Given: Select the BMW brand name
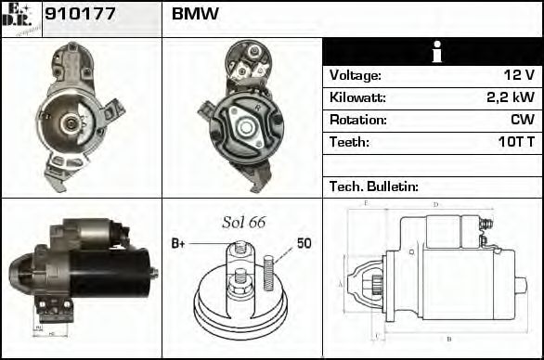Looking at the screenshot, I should pyautogui.click(x=196, y=15).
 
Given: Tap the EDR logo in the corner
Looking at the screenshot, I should pyautogui.click(x=20, y=18).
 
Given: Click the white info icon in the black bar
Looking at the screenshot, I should pyautogui.click(x=432, y=52).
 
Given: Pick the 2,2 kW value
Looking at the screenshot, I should pyautogui.click(x=511, y=98).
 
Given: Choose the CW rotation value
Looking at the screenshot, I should pyautogui.click(x=522, y=121).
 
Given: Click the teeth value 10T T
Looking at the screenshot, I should pyautogui.click(x=512, y=143).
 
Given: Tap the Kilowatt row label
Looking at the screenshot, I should pyautogui.click(x=357, y=98).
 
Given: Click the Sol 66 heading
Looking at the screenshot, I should pyautogui.click(x=243, y=223).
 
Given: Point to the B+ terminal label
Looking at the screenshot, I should pyautogui.click(x=178, y=244).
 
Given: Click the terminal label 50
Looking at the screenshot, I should pyautogui.click(x=304, y=243).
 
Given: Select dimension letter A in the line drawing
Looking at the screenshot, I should pyautogui.click(x=342, y=282).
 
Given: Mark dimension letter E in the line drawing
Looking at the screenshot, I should pyautogui.click(x=368, y=203).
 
